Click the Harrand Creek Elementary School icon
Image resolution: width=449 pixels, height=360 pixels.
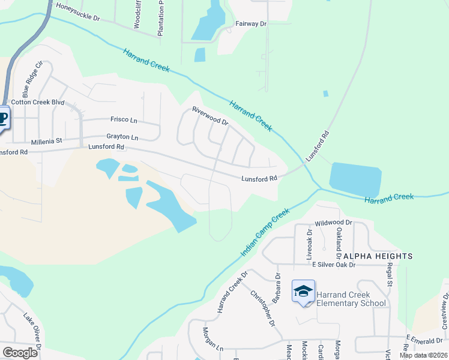(x=304, y=292)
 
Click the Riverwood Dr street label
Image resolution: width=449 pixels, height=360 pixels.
(x=210, y=116)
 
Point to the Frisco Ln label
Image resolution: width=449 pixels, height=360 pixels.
(x=124, y=120)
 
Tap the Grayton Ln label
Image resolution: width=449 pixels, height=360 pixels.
(x=122, y=137)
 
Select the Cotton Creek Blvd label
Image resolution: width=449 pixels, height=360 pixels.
(x=37, y=103)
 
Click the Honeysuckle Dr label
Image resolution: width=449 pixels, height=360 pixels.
(x=77, y=11)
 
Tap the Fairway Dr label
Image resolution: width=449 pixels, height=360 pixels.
(x=251, y=24)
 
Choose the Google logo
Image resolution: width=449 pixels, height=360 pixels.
(x=20, y=353)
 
